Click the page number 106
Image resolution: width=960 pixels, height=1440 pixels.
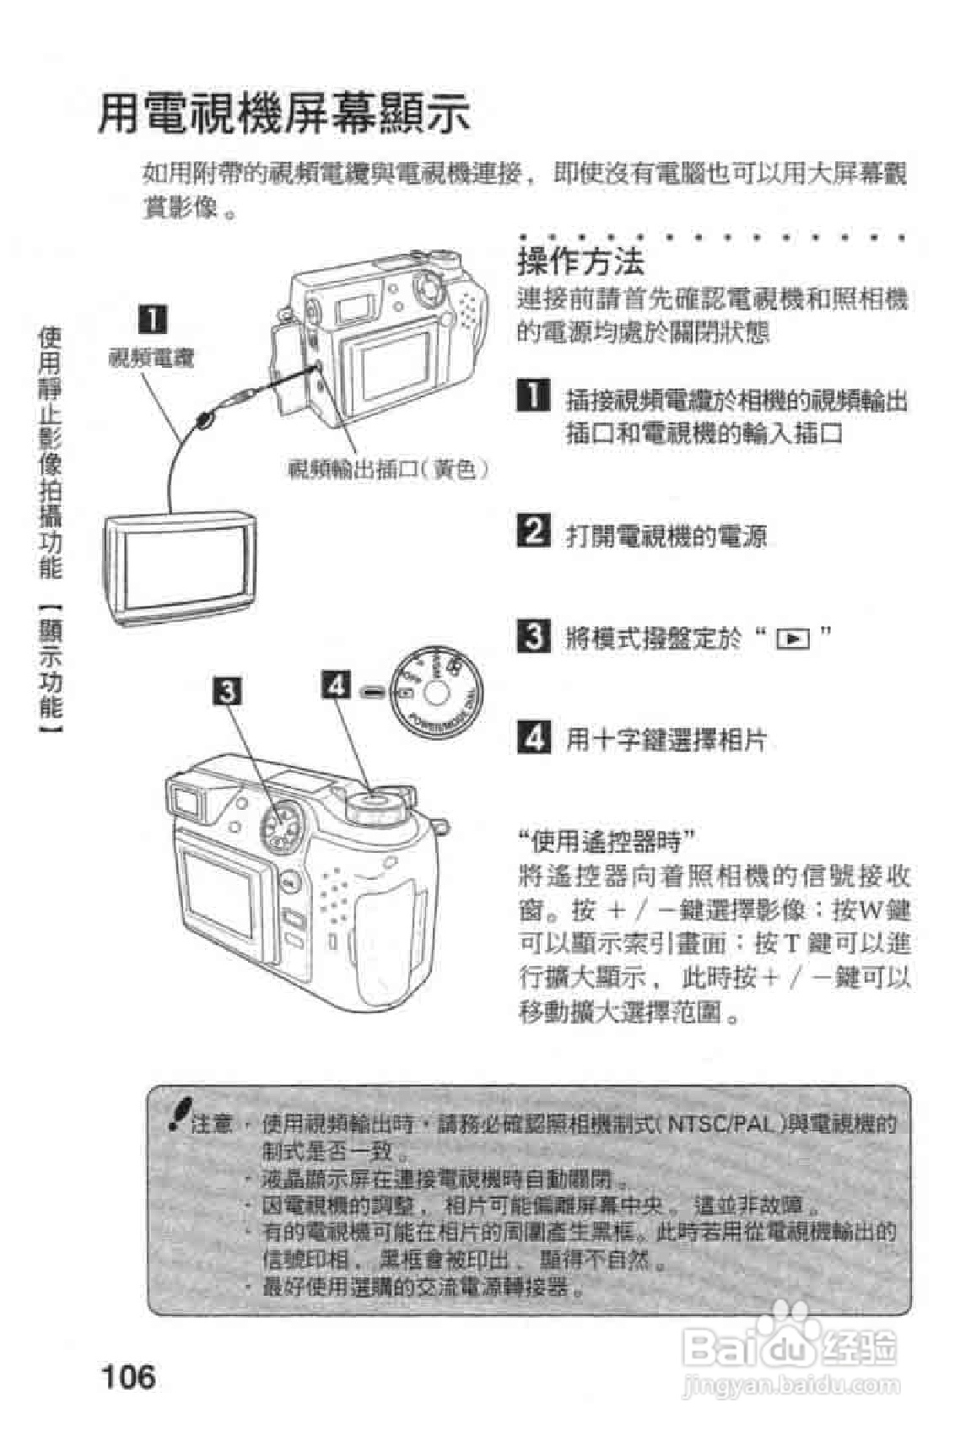click(128, 1376)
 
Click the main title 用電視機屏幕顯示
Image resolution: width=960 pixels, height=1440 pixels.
click(284, 114)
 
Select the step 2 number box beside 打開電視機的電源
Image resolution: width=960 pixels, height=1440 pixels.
click(533, 531)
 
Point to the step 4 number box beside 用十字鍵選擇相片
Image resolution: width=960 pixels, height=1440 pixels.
click(533, 737)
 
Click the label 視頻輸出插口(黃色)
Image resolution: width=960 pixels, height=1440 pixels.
click(389, 470)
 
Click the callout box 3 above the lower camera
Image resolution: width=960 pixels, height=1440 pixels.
click(228, 691)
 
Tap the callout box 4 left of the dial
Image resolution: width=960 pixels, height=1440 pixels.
click(336, 684)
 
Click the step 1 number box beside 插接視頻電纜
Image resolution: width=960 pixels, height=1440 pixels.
click(533, 395)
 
